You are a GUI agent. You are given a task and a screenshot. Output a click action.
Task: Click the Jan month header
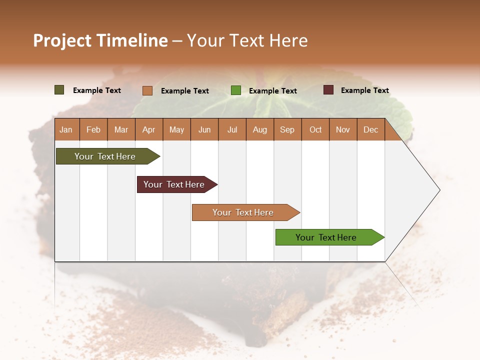[x=66, y=129]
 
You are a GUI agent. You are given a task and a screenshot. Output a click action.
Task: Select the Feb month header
[x=93, y=129]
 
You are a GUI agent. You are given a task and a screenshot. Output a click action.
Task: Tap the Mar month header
[x=121, y=129]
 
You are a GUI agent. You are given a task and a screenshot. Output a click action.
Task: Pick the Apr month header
[x=149, y=129]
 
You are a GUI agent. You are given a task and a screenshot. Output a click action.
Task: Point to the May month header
[x=176, y=129]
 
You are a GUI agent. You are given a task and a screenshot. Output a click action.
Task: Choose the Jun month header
[x=204, y=129]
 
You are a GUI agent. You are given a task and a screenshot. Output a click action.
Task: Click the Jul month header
[x=232, y=129]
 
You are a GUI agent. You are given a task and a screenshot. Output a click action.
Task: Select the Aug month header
[x=260, y=129]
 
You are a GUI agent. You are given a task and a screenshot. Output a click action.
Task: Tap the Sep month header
[x=287, y=129]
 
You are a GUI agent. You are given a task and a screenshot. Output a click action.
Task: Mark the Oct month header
[x=315, y=129]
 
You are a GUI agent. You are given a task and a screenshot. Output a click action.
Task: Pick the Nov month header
[x=343, y=129]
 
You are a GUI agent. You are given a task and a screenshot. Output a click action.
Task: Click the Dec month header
[x=371, y=129]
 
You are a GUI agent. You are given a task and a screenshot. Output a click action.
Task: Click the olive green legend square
[x=59, y=90]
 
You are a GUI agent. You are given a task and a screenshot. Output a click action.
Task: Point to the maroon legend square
[x=328, y=90]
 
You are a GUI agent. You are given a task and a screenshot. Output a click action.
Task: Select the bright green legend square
[x=236, y=90]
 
